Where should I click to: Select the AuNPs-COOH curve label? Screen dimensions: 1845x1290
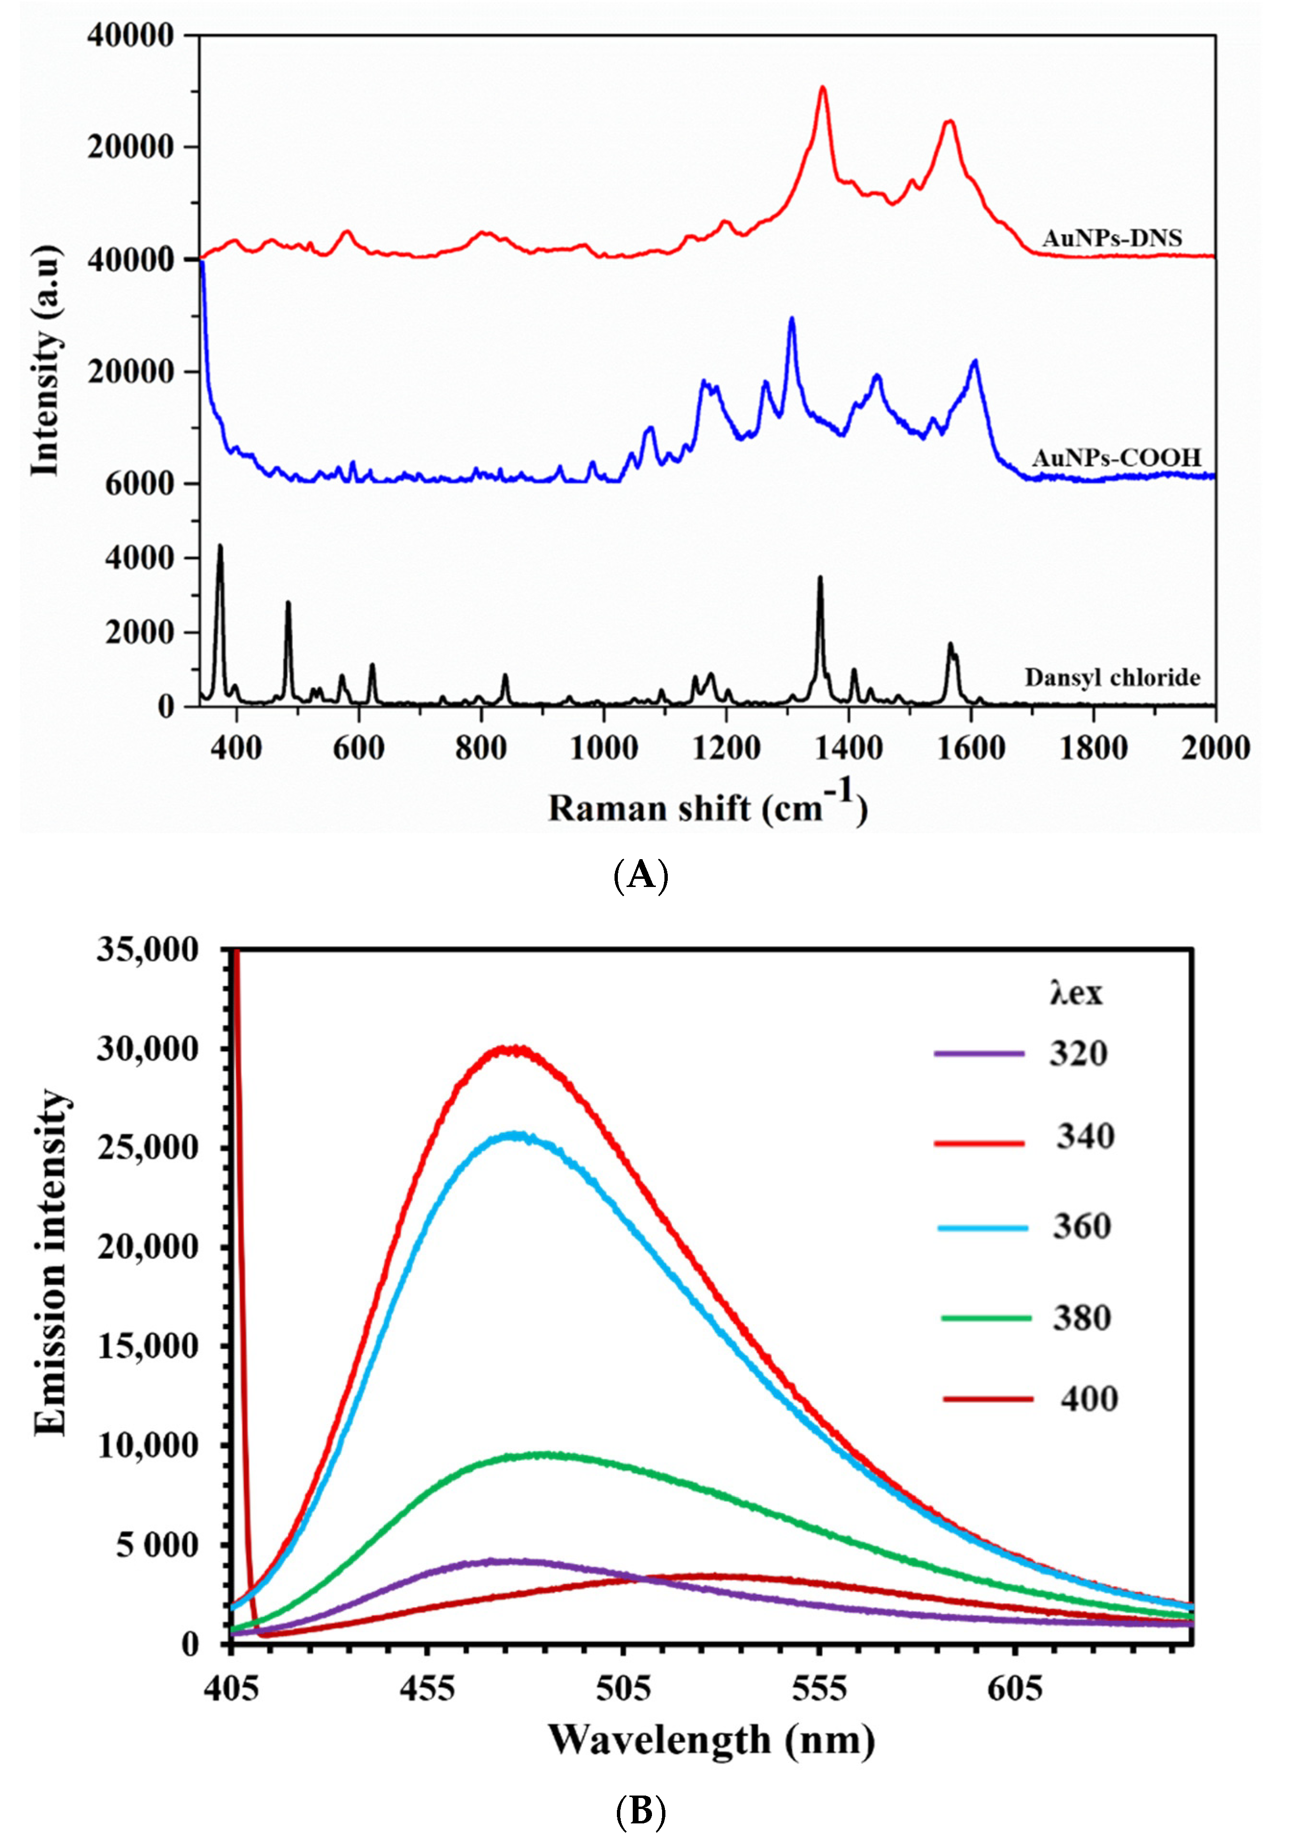pyautogui.click(x=1116, y=458)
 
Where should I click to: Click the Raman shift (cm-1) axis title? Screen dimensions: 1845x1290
pyautogui.click(x=707, y=808)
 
